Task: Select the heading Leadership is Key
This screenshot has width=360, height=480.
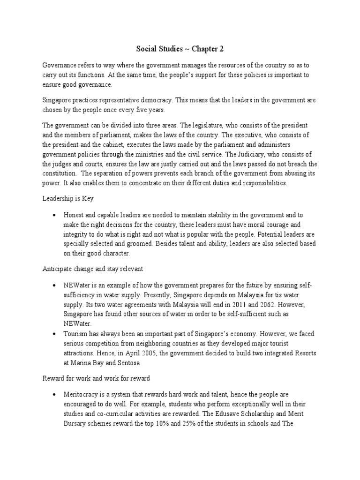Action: pyautogui.click(x=68, y=198)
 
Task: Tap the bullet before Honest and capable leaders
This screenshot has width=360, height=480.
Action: pyautogui.click(x=55, y=215)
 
